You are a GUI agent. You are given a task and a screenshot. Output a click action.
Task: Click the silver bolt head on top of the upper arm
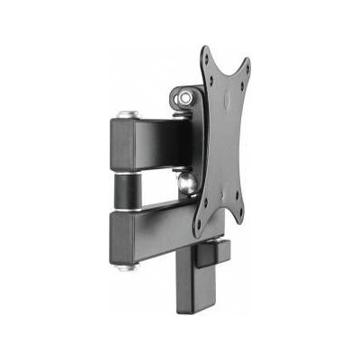[125, 114]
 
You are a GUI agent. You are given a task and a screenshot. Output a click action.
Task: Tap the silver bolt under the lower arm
[126, 266]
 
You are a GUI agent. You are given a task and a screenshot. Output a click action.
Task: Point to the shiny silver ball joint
[187, 183]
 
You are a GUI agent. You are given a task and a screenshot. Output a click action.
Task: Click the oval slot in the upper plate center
[227, 99]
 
